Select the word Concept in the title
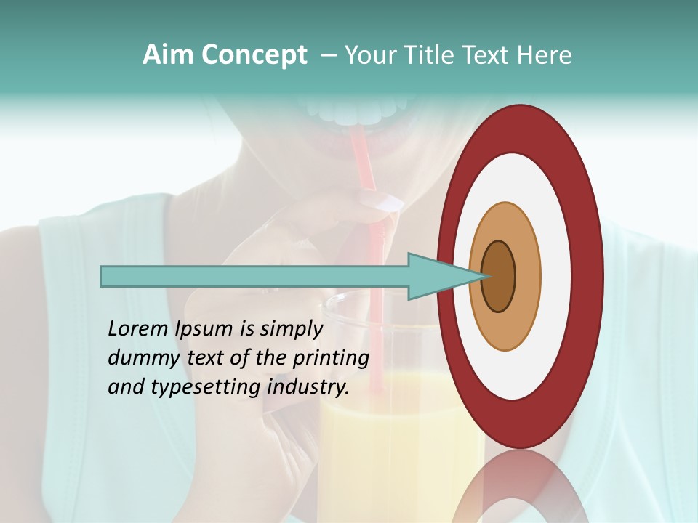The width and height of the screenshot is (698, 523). point(254,55)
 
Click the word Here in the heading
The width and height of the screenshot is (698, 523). point(545,55)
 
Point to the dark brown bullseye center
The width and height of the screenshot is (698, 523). point(499,276)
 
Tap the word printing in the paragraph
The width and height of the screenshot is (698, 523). point(331,359)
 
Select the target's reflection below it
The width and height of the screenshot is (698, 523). point(520,487)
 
